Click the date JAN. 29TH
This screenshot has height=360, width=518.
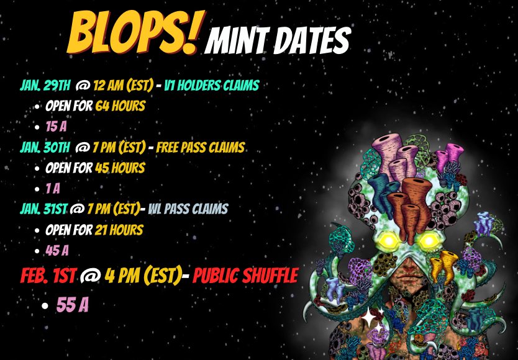pyautogui.click(x=45, y=85)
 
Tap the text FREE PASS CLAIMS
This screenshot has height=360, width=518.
pyautogui.click(x=200, y=148)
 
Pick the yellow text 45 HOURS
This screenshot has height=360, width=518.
pyautogui.click(x=120, y=168)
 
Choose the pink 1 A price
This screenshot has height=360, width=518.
pyautogui.click(x=53, y=188)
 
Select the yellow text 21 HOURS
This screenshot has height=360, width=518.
pyautogui.click(x=119, y=230)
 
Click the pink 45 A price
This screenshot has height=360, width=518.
pyautogui.click(x=57, y=250)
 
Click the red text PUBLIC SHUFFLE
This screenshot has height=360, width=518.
pyautogui.click(x=245, y=275)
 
